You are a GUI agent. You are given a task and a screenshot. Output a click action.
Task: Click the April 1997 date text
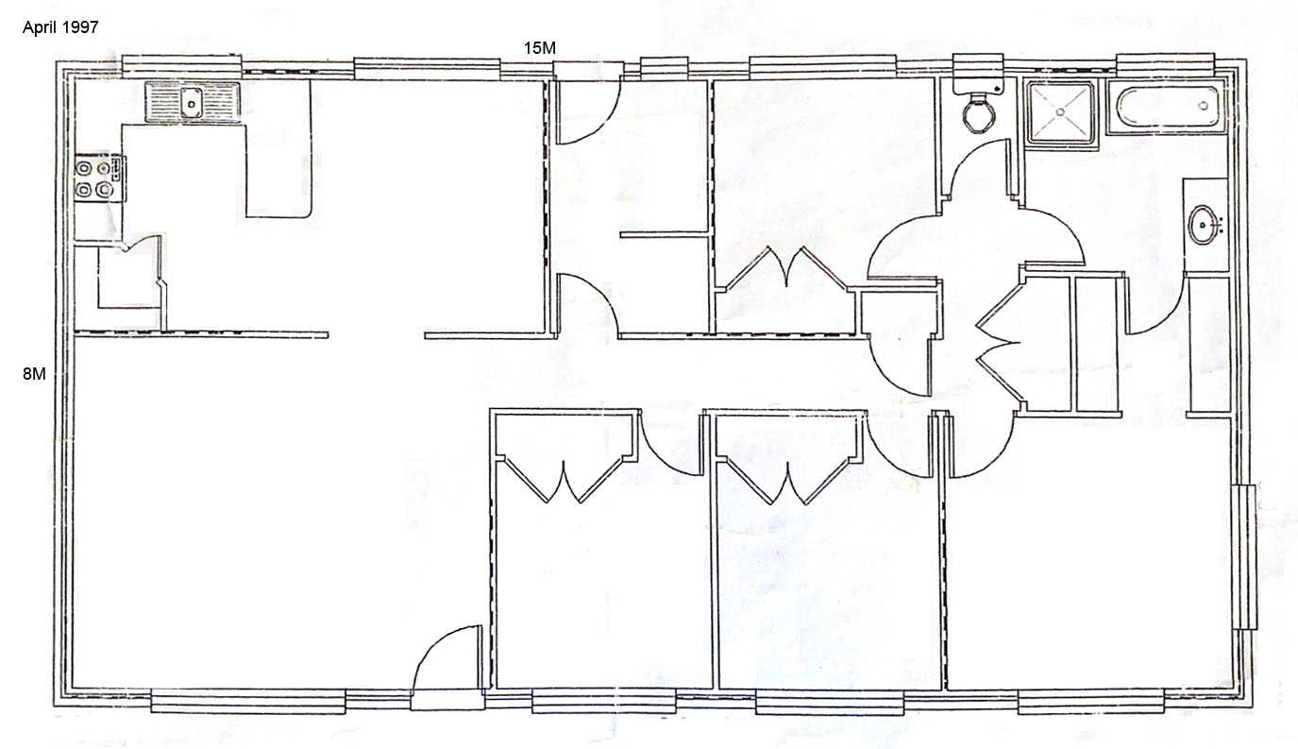pos(60,27)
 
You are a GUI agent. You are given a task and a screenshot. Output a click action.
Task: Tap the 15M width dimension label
pos(539,48)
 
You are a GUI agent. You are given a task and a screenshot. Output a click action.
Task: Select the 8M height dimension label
pos(34,374)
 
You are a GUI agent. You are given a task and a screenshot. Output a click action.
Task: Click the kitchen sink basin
pos(192,103)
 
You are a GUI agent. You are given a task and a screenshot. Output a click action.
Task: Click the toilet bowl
pos(979,113)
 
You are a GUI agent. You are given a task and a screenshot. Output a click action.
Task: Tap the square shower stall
pos(1060,111)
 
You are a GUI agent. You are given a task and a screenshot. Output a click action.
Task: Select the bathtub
pos(1169,107)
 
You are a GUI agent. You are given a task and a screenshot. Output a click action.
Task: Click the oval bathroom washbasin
pos(1205,225)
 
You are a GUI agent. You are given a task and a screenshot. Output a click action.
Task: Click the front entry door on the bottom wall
pos(447,667)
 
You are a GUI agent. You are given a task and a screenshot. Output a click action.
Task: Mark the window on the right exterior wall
pos(1244,556)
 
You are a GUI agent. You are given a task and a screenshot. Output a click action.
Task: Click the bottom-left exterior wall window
pos(248,700)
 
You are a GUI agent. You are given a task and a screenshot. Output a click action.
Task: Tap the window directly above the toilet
pos(978,65)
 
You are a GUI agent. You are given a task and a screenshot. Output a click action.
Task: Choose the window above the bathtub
pos(1165,64)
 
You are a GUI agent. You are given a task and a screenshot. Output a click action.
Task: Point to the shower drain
pos(1060,111)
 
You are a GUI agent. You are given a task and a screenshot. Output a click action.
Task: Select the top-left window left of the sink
pos(181,66)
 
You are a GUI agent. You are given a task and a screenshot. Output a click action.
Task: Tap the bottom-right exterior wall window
pos(1090,704)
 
